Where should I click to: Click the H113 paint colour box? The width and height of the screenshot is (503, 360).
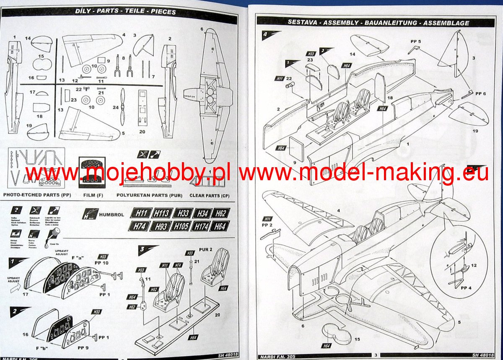tap(161, 213)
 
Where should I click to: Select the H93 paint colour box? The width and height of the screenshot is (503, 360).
tap(161, 227)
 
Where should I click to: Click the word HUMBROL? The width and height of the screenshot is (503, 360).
tap(111, 215)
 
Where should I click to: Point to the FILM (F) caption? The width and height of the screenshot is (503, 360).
tap(92, 195)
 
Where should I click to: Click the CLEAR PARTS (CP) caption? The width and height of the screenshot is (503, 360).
tap(210, 195)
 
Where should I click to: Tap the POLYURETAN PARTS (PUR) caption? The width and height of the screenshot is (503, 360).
tap(149, 195)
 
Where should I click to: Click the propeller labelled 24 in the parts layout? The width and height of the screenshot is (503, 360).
tap(122, 107)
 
